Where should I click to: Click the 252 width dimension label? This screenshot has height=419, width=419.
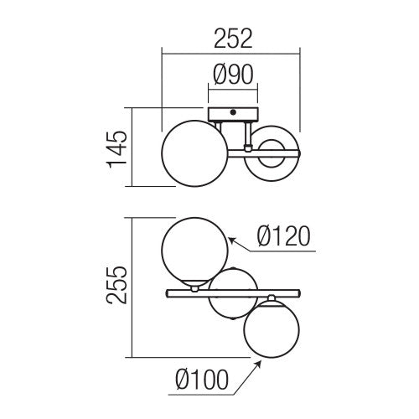coord(233,39)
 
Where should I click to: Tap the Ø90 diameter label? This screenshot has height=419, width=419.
coord(233,75)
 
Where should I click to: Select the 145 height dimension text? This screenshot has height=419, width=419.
coord(116,149)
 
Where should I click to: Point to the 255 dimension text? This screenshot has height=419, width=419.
coord(116,285)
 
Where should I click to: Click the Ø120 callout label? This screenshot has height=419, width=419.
coord(284,236)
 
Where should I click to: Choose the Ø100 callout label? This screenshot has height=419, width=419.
coord(202,380)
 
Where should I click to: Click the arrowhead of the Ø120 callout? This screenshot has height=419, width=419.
coord(232,241)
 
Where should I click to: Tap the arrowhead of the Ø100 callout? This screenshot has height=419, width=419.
coord(258,365)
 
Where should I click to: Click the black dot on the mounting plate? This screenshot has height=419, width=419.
coord(233,112)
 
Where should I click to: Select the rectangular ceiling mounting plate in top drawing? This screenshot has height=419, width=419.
coord(233,115)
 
